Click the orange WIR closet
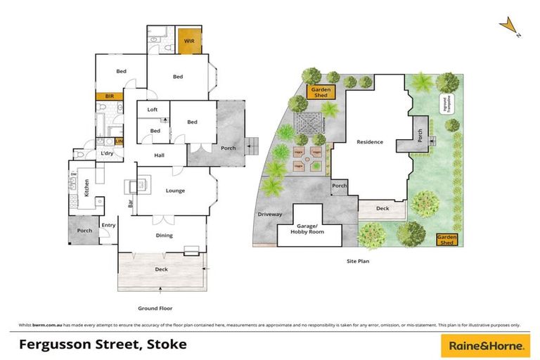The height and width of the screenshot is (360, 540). pyautogui.click(x=189, y=41)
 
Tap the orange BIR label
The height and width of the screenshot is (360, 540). pyautogui.click(x=110, y=96)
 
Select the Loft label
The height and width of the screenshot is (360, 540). pyautogui.click(x=153, y=110)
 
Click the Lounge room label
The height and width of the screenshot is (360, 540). pyautogui.click(x=175, y=191)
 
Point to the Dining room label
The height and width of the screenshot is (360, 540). pyautogui.click(x=164, y=236)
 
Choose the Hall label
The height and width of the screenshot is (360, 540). pyautogui.click(x=159, y=157)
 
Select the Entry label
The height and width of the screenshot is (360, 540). pyautogui.click(x=108, y=225)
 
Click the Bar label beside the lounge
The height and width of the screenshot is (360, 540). pyautogui.click(x=131, y=204)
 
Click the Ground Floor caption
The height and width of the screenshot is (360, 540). pyautogui.click(x=155, y=308)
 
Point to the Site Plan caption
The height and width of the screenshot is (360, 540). pyautogui.click(x=358, y=261)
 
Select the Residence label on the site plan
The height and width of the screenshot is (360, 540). pyautogui.click(x=369, y=142)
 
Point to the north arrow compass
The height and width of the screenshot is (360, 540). pyautogui.click(x=509, y=27)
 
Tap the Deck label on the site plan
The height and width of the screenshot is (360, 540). pyautogui.click(x=382, y=208)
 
